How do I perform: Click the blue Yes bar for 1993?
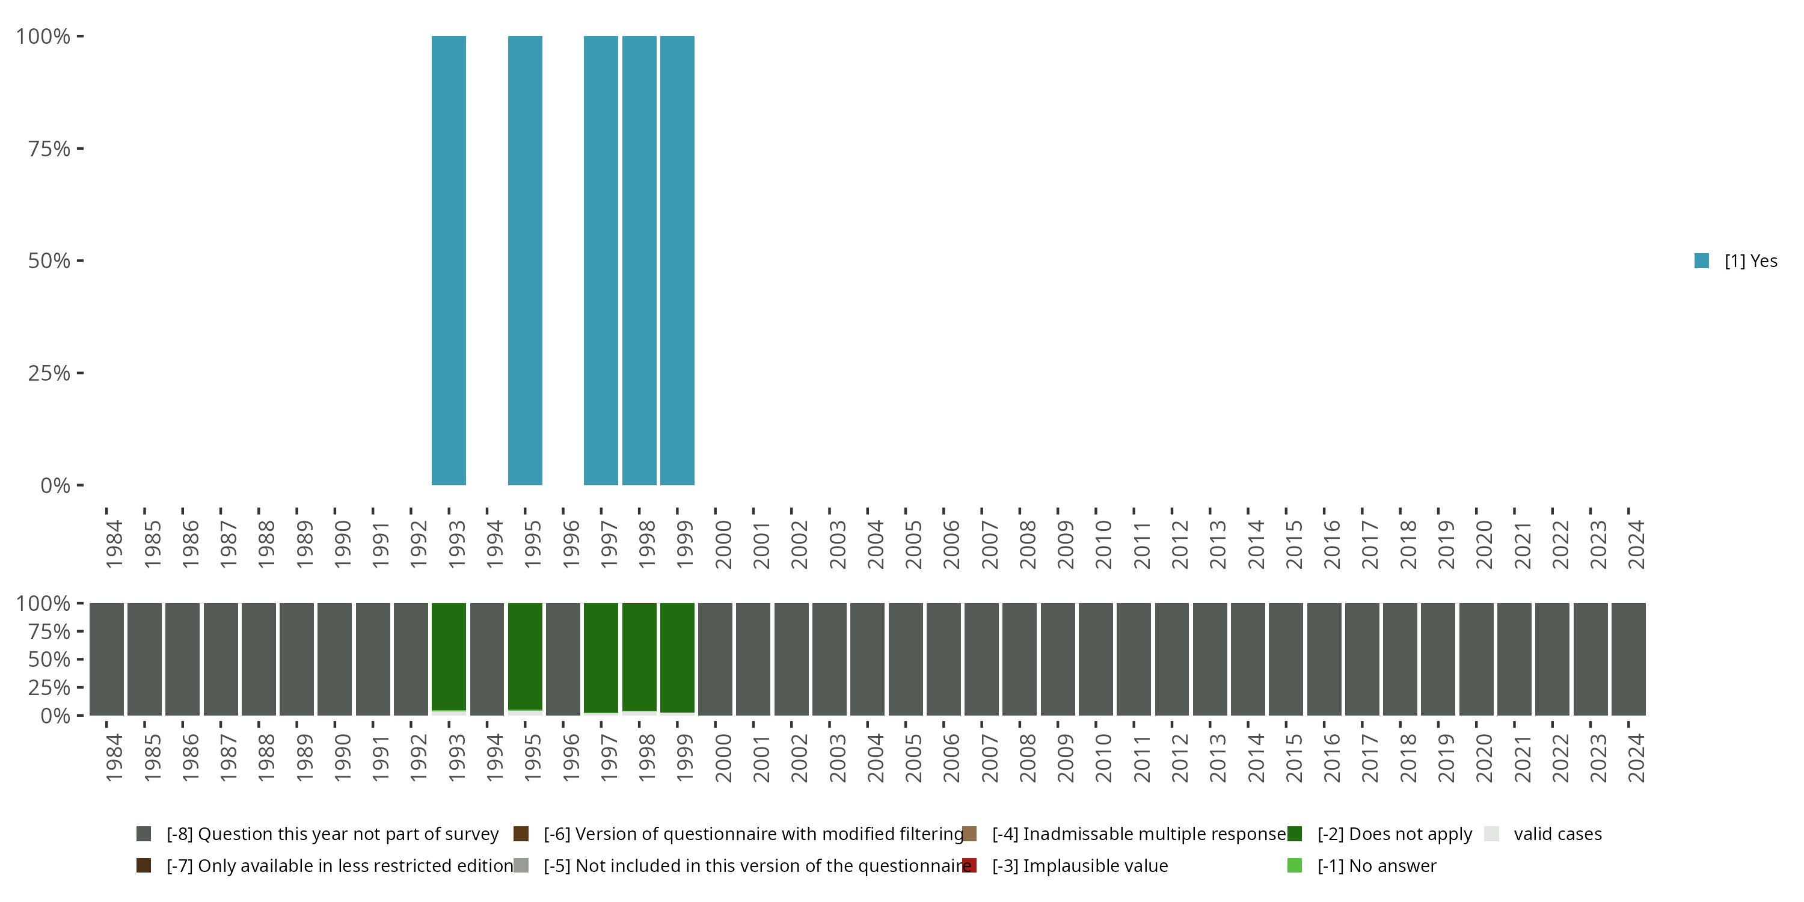tap(449, 260)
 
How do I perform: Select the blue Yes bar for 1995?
tap(525, 260)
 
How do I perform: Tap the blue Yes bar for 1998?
tap(639, 260)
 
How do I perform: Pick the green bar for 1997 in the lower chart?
tap(601, 657)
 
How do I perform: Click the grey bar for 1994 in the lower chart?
tap(486, 659)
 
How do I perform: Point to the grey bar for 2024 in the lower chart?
tap(1628, 659)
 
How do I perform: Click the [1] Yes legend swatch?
tap(1702, 260)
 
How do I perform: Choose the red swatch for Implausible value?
tap(969, 865)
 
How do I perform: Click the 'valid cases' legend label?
tap(1557, 834)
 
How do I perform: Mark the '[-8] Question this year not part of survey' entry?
tap(332, 834)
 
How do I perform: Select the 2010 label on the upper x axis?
tap(1103, 544)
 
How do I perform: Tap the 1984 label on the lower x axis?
tap(114, 758)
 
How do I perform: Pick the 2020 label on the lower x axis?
tap(1483, 758)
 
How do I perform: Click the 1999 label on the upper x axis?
tap(684, 544)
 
